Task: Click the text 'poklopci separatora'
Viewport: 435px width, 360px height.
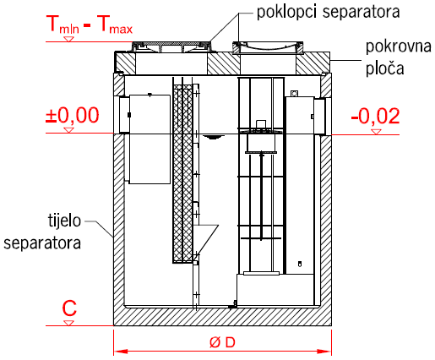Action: [329, 13]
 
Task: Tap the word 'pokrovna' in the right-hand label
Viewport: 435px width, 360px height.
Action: [399, 46]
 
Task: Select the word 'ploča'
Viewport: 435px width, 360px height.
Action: [385, 68]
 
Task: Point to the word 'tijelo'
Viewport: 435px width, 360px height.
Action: [64, 221]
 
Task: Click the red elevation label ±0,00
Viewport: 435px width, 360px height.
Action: [73, 115]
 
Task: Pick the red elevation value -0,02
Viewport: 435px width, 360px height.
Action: [375, 116]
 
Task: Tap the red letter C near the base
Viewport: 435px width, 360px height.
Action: [69, 308]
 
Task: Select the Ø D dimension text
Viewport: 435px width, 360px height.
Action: [222, 342]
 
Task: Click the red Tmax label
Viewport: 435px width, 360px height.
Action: [115, 25]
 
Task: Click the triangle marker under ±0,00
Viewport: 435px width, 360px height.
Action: [68, 130]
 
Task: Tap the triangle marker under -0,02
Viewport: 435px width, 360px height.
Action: [376, 132]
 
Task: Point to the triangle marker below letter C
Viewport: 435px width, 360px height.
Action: [68, 323]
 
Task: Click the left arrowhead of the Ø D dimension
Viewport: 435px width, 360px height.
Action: [121, 352]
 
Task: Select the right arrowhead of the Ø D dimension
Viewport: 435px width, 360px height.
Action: [324, 352]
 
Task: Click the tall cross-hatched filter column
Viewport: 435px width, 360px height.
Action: [182, 174]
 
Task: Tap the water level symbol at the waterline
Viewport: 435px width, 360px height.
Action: [214, 137]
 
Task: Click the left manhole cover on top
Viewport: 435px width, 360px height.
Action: [171, 46]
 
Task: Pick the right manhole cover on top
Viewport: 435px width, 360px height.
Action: [268, 46]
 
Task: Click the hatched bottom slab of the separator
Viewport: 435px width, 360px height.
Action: [222, 316]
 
